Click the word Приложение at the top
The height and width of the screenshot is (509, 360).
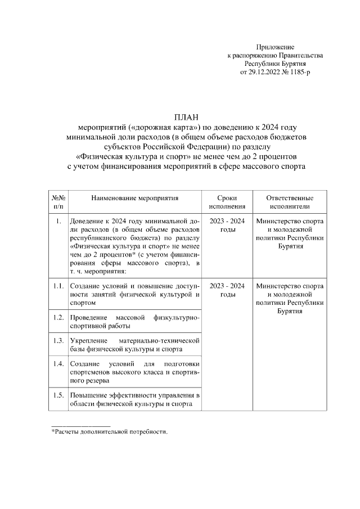(275, 47)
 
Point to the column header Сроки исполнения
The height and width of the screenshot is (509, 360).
(227, 202)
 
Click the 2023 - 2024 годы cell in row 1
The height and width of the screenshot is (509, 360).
(227, 226)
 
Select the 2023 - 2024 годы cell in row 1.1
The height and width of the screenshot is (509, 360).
(227, 290)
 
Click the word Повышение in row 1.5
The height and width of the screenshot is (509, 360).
(87, 395)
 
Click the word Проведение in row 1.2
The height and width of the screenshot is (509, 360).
(88, 318)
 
